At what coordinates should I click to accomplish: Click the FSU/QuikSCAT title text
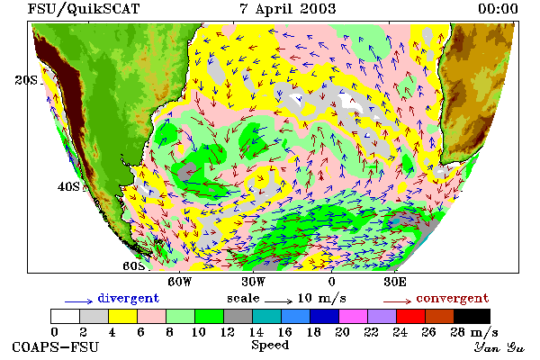[84, 9]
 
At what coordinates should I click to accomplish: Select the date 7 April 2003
[288, 9]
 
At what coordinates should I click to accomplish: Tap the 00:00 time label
[498, 9]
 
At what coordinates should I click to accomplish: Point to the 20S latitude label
[26, 80]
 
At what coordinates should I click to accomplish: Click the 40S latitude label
[68, 186]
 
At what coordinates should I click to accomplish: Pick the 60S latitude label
[134, 266]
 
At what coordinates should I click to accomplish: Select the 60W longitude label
[179, 282]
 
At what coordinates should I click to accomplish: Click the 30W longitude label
[253, 282]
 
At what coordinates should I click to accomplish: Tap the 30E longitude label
[395, 282]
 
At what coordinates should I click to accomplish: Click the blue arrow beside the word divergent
[79, 301]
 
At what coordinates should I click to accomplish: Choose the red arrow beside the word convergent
[397, 301]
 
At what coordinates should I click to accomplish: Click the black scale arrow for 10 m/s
[279, 301]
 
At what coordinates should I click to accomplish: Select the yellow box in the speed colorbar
[123, 316]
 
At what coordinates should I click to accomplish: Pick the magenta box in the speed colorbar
[354, 316]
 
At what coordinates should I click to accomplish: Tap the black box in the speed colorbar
[472, 316]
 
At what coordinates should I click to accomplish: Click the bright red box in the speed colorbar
[411, 316]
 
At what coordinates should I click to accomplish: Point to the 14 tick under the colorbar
[256, 332]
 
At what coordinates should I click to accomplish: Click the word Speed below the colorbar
[270, 346]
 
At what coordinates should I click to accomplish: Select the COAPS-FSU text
[56, 346]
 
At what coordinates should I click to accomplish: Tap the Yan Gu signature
[499, 347]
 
